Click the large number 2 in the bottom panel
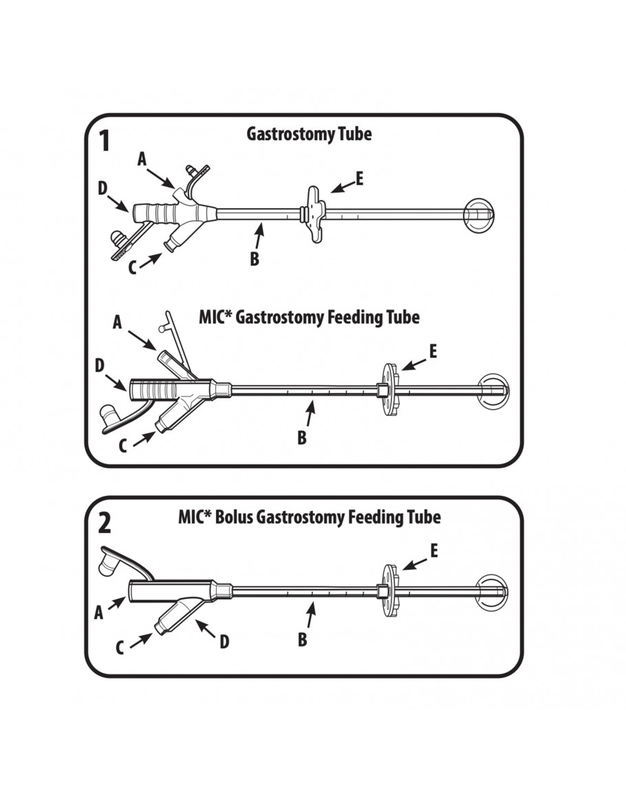click(x=104, y=523)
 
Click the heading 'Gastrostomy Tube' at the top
click(x=309, y=133)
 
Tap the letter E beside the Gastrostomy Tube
click(x=359, y=179)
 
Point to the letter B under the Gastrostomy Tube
click(x=254, y=261)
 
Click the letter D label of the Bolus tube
click(x=224, y=641)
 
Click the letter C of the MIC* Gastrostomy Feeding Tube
click(x=122, y=446)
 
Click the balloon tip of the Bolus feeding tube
click(x=493, y=591)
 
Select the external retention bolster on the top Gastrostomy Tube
click(x=314, y=213)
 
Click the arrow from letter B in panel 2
click(x=310, y=613)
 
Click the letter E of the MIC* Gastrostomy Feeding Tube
click(x=432, y=351)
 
